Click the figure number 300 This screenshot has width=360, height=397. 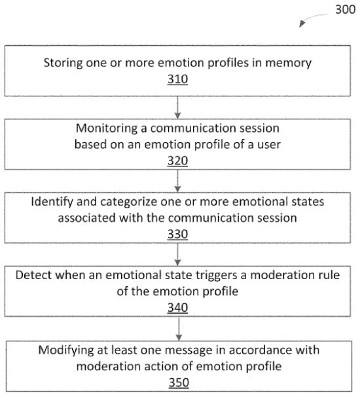pyautogui.click(x=346, y=10)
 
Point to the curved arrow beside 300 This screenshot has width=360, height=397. pyautogui.click(x=312, y=18)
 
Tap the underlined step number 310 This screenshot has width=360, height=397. pyautogui.click(x=177, y=79)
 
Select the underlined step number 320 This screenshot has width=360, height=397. pyautogui.click(x=177, y=161)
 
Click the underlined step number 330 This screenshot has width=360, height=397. pyautogui.click(x=177, y=234)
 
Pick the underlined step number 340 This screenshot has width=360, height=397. pyautogui.click(x=177, y=307)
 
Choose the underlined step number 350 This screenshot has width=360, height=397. pyautogui.click(x=179, y=383)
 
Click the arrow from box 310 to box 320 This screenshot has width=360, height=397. pyautogui.click(x=177, y=107)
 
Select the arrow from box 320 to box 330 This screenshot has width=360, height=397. pyautogui.click(x=177, y=181)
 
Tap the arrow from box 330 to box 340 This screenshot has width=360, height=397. pyautogui.click(x=177, y=254)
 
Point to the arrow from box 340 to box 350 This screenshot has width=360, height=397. pyautogui.click(x=179, y=329)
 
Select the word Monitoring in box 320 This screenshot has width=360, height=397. pyautogui.click(x=107, y=128)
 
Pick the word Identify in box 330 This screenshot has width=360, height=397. pyautogui.click(x=52, y=202)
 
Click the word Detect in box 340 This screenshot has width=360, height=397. pyautogui.click(x=33, y=275)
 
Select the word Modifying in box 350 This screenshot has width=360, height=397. pyautogui.click(x=66, y=351)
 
